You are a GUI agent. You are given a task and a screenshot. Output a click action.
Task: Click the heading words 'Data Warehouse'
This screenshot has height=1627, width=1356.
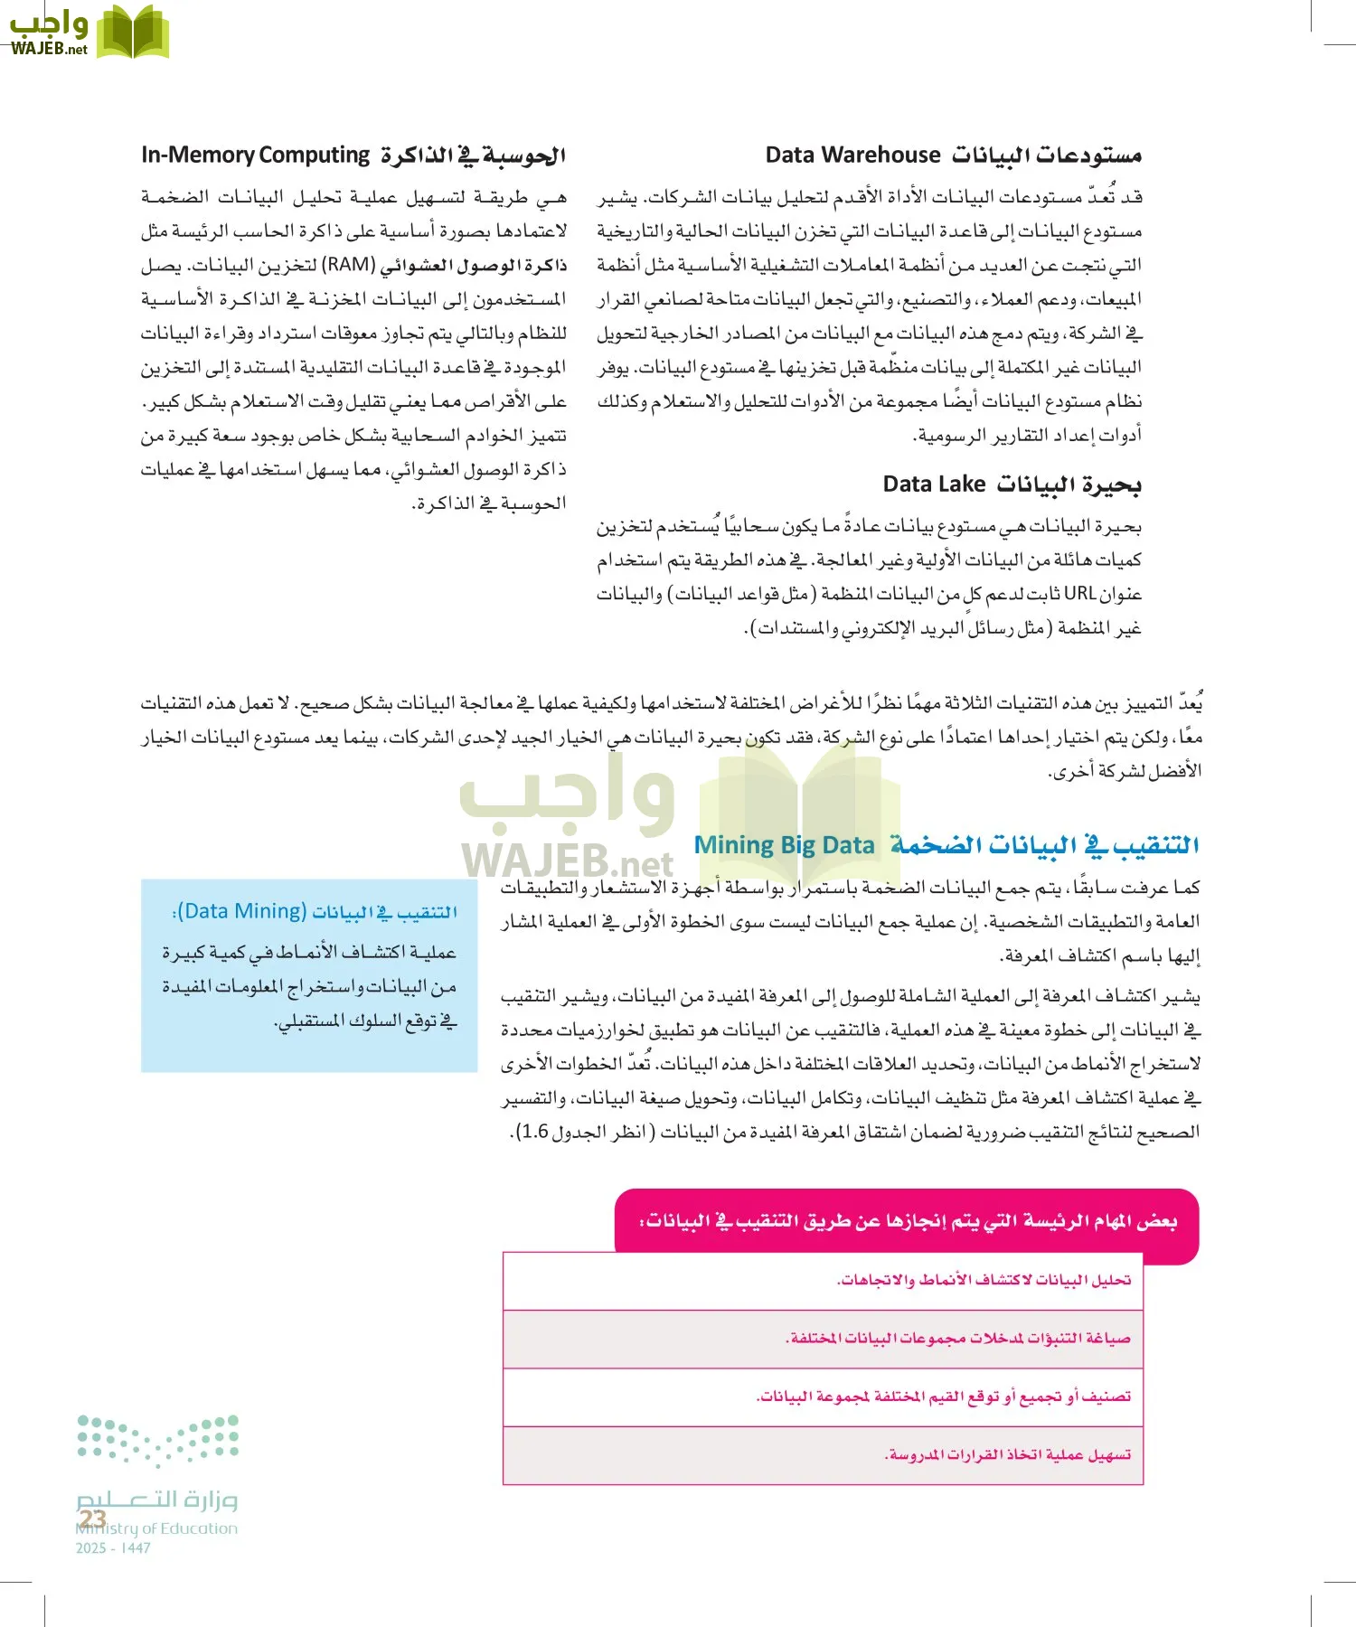point(852,155)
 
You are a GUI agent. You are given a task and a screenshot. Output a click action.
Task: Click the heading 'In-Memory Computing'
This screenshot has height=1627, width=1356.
point(256,155)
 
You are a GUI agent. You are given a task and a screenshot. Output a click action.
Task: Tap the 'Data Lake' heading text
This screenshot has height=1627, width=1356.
point(933,484)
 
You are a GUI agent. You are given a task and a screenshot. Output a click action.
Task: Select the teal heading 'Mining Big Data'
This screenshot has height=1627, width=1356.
point(784,845)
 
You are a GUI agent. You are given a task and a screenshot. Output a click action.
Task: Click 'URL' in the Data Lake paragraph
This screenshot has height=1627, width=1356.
point(1079,594)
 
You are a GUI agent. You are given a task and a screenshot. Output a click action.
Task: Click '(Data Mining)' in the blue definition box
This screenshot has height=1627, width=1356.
point(241,911)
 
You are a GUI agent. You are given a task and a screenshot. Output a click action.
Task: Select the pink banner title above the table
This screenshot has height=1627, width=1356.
point(908,1221)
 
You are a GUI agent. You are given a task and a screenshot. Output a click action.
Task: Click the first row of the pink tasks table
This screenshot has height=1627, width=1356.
point(823,1281)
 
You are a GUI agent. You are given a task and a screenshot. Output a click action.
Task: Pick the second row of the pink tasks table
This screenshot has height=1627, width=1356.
point(823,1339)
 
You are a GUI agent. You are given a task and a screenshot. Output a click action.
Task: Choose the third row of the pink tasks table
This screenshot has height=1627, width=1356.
point(823,1397)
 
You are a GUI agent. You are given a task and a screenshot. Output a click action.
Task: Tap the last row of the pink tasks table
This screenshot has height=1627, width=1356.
point(823,1455)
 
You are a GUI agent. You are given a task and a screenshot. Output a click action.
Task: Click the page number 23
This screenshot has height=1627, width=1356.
point(92,1519)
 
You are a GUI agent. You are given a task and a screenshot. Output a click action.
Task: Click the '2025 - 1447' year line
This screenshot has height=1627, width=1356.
point(113,1548)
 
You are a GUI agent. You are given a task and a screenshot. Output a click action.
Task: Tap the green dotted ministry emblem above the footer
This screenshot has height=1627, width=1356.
point(157,1439)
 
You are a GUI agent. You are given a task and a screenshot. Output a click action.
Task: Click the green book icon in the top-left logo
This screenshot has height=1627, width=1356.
point(133,33)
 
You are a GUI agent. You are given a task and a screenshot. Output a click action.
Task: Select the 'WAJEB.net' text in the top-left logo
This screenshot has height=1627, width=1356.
point(49,50)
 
